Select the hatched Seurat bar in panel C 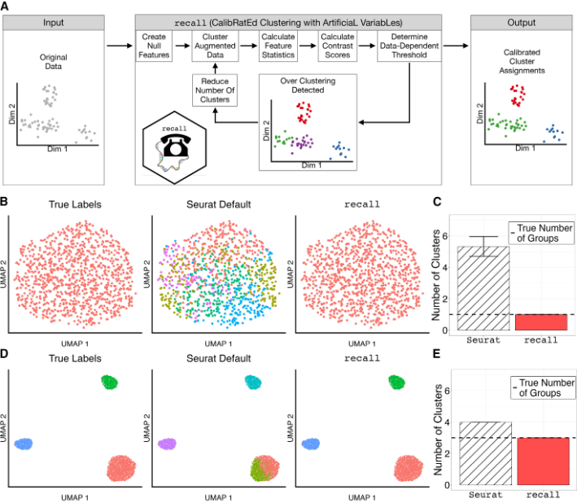coord(485,288)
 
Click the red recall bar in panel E coord(543,461)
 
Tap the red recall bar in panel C coord(543,321)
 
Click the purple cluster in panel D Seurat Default coord(168,444)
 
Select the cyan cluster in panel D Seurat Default coord(253,382)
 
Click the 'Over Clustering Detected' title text coord(308,83)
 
